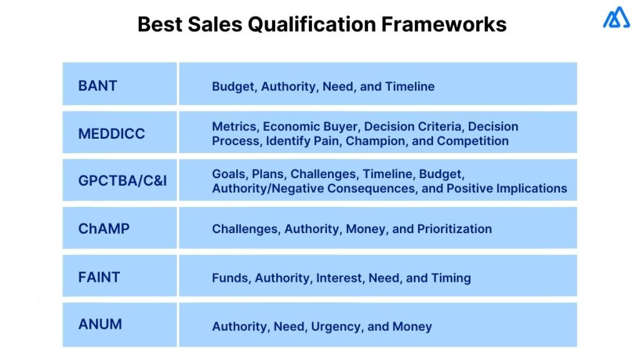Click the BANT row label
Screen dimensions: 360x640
pos(97,86)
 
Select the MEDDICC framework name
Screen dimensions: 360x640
pos(111,134)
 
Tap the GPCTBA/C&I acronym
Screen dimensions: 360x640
pos(122,181)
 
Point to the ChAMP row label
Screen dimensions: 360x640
pos(104,229)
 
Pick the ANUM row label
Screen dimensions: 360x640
pos(100,324)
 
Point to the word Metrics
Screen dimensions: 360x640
pos(234,126)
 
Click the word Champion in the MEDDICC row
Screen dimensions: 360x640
pos(372,141)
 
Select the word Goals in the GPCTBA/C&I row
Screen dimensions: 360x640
pos(229,174)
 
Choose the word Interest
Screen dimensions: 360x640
pos(339,277)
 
